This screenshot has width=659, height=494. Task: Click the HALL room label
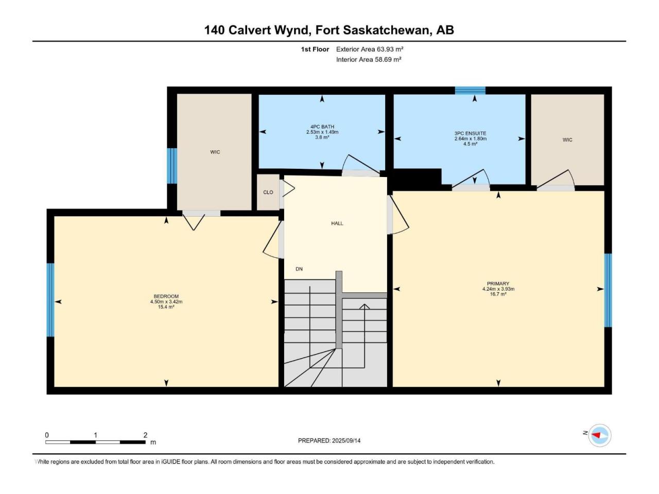tap(337, 223)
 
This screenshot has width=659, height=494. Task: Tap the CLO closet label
tap(268, 192)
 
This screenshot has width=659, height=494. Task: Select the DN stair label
tap(299, 269)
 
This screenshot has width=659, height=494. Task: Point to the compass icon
tap(599, 435)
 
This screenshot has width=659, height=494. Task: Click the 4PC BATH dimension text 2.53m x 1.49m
tap(322, 132)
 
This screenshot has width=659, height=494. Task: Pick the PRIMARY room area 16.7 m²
tap(498, 294)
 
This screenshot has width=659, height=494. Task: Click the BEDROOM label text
tap(166, 296)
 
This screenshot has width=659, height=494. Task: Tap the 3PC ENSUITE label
tap(470, 133)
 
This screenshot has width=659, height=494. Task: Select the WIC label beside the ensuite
tap(567, 140)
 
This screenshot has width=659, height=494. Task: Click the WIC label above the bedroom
tap(215, 152)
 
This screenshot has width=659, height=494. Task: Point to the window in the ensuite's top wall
tap(470, 90)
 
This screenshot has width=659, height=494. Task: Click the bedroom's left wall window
tap(50, 300)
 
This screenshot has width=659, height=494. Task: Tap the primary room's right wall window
tap(608, 290)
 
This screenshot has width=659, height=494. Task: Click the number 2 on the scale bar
tap(145, 435)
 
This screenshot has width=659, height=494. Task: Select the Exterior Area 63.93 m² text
tap(370, 49)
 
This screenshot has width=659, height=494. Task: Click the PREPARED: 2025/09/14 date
tap(329, 440)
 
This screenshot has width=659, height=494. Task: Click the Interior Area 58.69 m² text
tap(369, 59)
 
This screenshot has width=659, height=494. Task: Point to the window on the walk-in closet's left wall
tap(172, 166)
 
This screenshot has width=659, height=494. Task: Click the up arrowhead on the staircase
tap(365, 306)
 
